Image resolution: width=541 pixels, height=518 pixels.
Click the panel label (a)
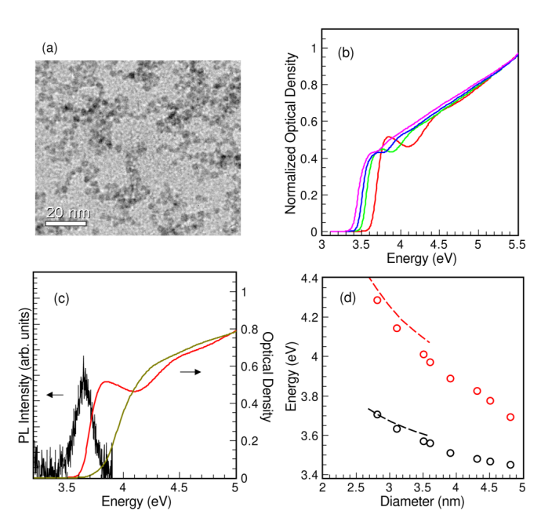(49, 49)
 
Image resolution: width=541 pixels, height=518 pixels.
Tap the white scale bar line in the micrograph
(65, 224)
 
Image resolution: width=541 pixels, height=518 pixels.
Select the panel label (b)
(346, 53)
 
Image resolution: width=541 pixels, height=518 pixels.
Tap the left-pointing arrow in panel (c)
(54, 395)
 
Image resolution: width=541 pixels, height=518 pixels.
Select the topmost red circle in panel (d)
(377, 300)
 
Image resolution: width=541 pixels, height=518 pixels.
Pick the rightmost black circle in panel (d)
(510, 465)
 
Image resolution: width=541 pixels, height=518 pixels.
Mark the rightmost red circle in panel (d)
(510, 417)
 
